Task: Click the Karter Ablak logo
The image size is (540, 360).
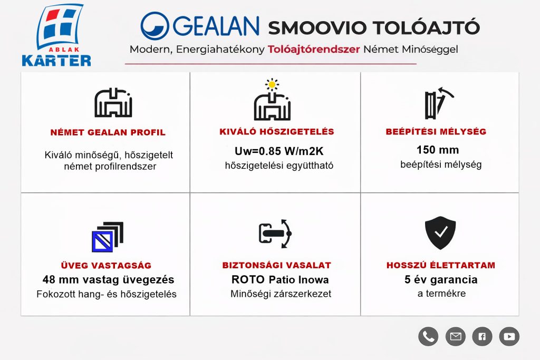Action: [x=56, y=35]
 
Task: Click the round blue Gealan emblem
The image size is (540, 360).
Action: [x=155, y=26]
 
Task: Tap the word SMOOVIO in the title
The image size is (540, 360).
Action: [x=317, y=27]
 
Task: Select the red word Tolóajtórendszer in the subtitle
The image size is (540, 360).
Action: [x=314, y=49]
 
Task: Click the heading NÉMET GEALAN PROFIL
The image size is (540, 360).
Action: [x=108, y=132]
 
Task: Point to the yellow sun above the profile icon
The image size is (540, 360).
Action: [x=272, y=84]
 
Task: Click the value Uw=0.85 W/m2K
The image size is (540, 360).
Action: [x=279, y=151]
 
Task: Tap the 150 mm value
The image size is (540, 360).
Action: [x=438, y=150]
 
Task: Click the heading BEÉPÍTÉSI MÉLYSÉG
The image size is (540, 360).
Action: [x=436, y=131]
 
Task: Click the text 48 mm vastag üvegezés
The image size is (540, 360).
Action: [x=108, y=279]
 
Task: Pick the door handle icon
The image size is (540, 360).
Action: [x=275, y=233]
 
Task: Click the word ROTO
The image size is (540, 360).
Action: [x=248, y=279]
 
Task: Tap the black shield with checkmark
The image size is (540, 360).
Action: [x=440, y=233]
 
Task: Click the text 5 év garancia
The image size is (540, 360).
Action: [x=441, y=279]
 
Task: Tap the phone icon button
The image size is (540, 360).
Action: [x=428, y=336]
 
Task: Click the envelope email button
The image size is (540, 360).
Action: [x=455, y=336]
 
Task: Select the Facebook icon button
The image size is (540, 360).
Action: [x=482, y=336]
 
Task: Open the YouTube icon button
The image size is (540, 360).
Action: [x=509, y=336]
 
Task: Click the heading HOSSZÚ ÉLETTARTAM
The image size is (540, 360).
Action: [x=441, y=265]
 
